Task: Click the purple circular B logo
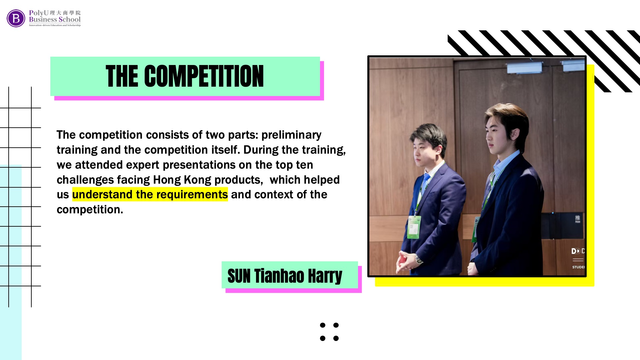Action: tap(16, 18)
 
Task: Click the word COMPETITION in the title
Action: tap(204, 76)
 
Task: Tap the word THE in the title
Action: tap(122, 76)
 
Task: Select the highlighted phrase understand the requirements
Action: tap(150, 194)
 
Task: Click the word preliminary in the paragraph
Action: tap(291, 135)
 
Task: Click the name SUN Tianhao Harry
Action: tap(285, 276)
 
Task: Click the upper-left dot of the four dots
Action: tap(323, 325)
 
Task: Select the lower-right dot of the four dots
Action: tap(336, 338)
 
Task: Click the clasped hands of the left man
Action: tap(406, 262)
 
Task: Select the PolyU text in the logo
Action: tap(39, 13)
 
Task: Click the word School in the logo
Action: tap(70, 20)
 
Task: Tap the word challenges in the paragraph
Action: tap(85, 180)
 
